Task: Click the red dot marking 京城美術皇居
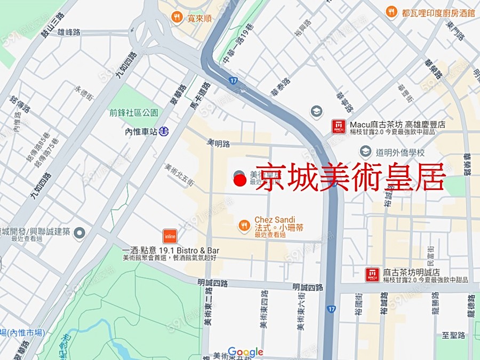240,181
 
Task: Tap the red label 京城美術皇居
350,178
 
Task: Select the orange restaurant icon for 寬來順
177,18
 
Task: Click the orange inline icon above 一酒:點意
170,236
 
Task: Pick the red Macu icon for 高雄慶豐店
339,126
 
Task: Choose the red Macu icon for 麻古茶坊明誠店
372,275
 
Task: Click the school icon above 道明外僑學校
317,113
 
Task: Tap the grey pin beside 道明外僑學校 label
365,152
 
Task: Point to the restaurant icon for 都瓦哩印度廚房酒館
392,11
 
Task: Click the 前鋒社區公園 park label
134,113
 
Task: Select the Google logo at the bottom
245,352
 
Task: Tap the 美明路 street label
218,143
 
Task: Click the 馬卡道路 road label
200,96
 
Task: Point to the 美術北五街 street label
180,174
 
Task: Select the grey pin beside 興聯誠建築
79,233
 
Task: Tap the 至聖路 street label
454,335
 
